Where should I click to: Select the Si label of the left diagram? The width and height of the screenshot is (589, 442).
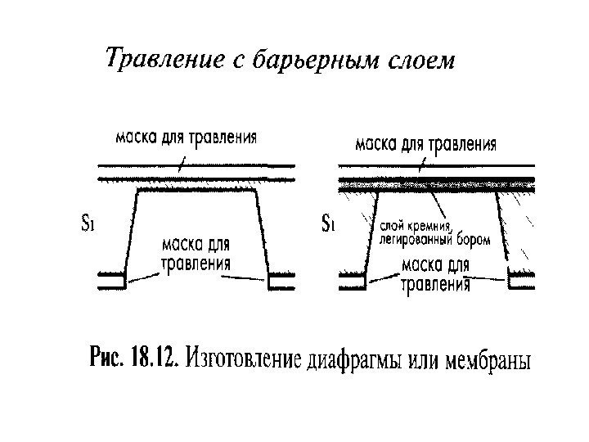(x=89, y=223)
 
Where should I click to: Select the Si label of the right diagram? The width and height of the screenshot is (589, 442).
(x=328, y=223)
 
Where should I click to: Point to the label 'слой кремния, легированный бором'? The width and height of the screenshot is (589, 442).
(x=434, y=232)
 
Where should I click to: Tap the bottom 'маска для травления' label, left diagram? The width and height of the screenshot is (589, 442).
(x=195, y=254)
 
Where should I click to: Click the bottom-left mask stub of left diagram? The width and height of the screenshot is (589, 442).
(x=110, y=279)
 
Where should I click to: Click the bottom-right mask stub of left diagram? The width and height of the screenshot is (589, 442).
(x=283, y=280)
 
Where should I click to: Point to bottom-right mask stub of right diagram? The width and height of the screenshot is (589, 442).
(x=521, y=280)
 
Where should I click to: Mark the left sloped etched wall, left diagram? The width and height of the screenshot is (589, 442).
(x=129, y=232)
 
